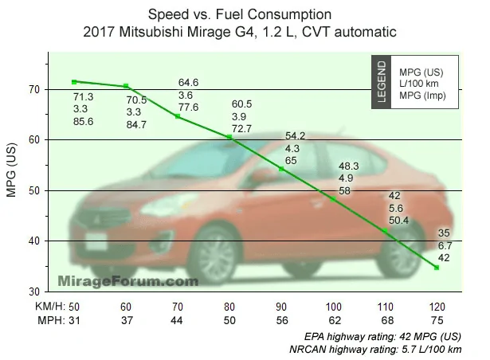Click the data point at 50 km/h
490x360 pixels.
click(x=74, y=82)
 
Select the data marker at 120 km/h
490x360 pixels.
click(x=437, y=268)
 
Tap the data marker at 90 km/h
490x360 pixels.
click(x=281, y=169)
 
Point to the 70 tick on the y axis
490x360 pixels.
click(x=47, y=90)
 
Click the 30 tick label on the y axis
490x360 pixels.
click(x=34, y=292)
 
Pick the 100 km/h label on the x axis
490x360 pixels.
click(x=333, y=307)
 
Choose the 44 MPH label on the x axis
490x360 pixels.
click(x=177, y=320)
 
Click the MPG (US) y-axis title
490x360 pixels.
click(x=11, y=170)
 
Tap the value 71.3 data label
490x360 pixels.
click(x=83, y=97)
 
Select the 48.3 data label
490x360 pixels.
click(x=348, y=166)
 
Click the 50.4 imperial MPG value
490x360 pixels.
click(x=398, y=221)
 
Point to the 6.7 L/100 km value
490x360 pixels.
click(x=445, y=245)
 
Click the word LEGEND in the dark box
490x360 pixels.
click(x=382, y=82)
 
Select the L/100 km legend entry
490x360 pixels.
click(x=419, y=84)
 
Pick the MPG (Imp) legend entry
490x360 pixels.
click(x=422, y=96)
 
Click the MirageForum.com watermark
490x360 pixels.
click(x=128, y=281)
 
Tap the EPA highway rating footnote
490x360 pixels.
click(x=382, y=337)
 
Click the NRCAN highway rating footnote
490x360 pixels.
click(x=375, y=349)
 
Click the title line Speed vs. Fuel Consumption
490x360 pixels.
click(x=240, y=14)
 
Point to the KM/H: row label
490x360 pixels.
click(x=50, y=307)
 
